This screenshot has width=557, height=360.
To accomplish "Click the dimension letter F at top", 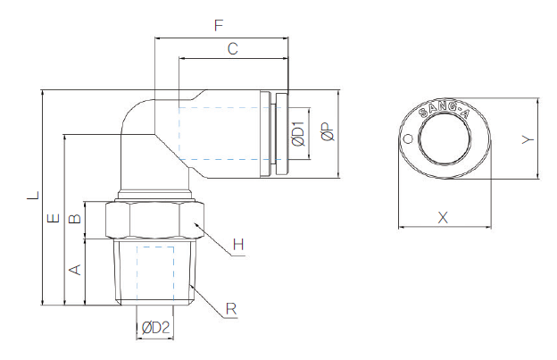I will tap(219, 26).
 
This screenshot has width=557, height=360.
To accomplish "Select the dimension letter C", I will tap(232, 50).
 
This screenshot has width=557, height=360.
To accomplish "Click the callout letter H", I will tap(237, 244).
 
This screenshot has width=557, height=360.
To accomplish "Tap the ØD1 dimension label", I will tap(298, 136).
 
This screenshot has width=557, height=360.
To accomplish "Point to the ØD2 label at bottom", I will tap(155, 329).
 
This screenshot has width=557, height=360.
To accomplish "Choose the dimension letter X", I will tap(442, 217).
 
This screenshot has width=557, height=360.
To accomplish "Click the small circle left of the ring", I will tap(408, 139).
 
